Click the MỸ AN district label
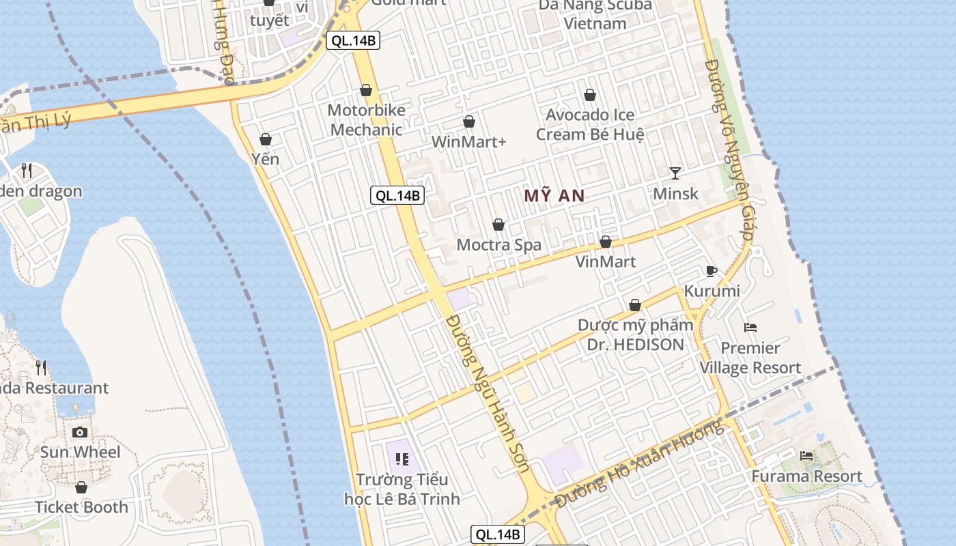click(554, 196)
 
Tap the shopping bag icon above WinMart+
click(469, 122)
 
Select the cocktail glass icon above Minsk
click(675, 173)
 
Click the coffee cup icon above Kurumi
click(712, 271)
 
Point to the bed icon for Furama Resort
click(806, 456)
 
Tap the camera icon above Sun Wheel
click(80, 432)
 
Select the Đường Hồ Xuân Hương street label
click(639, 464)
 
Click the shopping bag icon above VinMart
click(605, 242)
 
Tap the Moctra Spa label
click(498, 244)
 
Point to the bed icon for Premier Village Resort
click(750, 328)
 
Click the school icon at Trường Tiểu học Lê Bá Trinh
click(402, 459)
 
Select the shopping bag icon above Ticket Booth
click(81, 488)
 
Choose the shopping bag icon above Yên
click(266, 140)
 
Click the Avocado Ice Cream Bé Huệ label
click(589, 124)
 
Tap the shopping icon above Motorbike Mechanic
click(366, 91)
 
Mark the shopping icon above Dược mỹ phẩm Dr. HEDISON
click(635, 305)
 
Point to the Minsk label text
click(675, 193)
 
